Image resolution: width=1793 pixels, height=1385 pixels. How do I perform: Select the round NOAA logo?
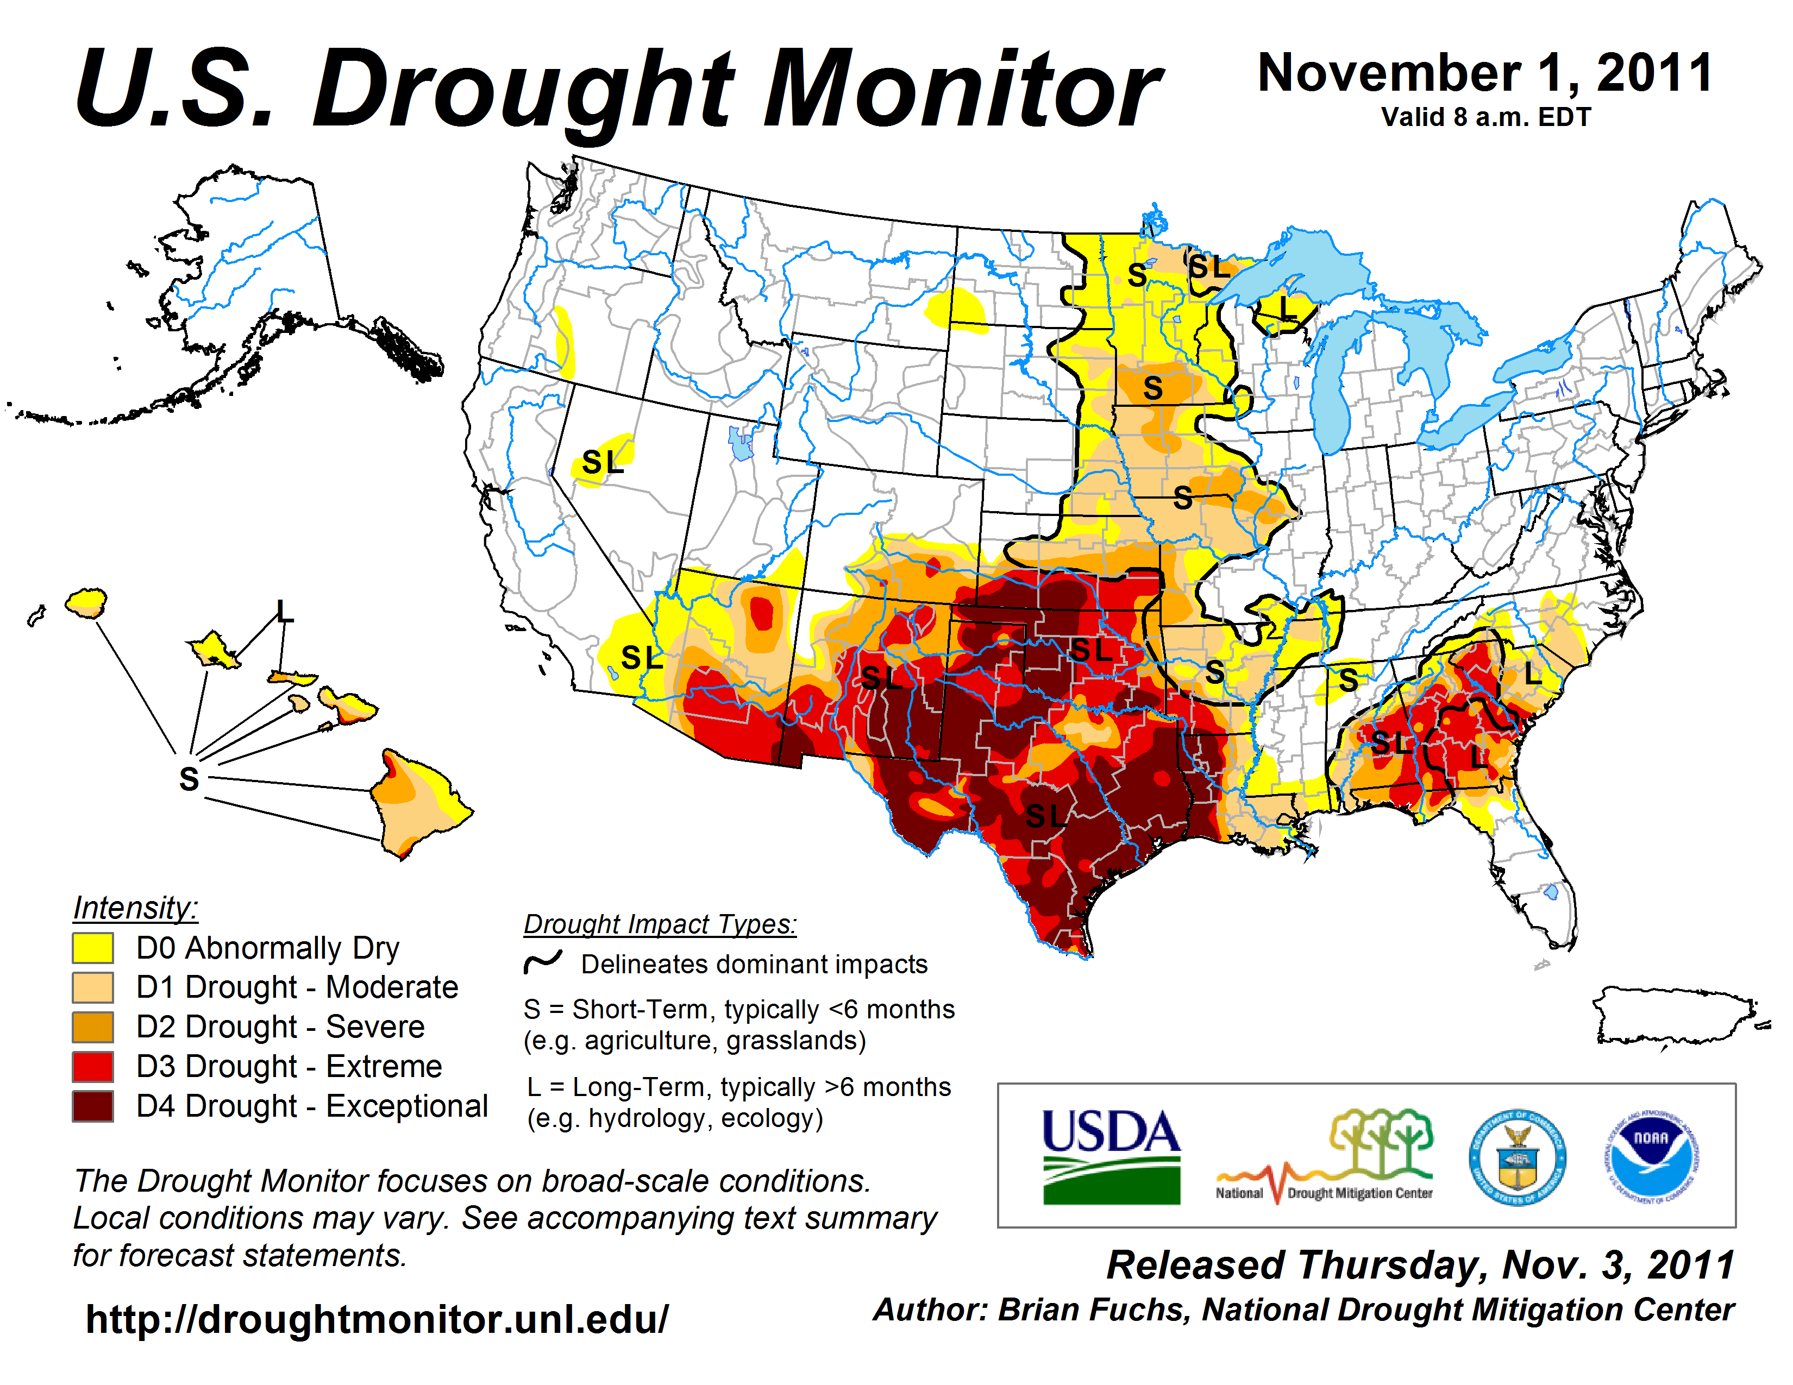[1651, 1157]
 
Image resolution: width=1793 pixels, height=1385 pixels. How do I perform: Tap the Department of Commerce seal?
[1517, 1157]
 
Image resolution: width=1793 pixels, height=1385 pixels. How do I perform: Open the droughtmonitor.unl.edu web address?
[377, 1319]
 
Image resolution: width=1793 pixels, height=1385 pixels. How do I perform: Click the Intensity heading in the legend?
[135, 908]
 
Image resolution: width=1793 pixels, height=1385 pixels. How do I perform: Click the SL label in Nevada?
[603, 463]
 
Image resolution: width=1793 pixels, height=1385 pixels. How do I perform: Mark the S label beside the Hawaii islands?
[189, 778]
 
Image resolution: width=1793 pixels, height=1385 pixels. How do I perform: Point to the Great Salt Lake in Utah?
[741, 443]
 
